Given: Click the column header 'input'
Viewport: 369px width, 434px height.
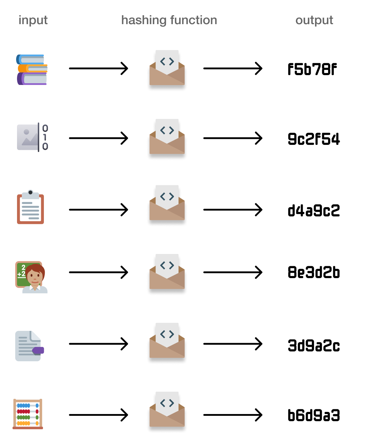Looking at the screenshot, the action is (33, 20).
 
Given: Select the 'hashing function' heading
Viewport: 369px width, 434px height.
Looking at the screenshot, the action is (169, 20).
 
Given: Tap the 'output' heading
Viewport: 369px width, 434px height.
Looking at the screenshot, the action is (314, 20).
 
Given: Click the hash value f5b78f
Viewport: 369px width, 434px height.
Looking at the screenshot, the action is (312, 69).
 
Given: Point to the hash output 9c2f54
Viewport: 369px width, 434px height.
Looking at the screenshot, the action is (314, 139).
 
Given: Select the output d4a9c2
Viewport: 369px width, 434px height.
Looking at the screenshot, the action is (314, 210).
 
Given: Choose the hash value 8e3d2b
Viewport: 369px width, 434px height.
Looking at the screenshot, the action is (314, 272).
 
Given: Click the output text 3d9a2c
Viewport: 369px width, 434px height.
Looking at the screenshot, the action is (314, 345).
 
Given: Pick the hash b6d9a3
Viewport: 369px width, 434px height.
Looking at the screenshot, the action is (314, 415).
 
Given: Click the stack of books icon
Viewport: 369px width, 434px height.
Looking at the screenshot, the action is (32, 70).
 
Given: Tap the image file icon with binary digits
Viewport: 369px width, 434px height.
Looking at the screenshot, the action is (32, 137).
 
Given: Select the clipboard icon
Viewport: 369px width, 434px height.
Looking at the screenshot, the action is (30, 207).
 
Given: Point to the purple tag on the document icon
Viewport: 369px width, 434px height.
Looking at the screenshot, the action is (38, 350).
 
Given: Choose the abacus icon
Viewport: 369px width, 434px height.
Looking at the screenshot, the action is (28, 414).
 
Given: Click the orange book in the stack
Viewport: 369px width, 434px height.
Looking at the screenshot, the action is (33, 69).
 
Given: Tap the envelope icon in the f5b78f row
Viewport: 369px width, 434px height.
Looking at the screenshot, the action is (167, 68).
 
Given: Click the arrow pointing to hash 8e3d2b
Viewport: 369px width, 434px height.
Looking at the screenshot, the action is (233, 272).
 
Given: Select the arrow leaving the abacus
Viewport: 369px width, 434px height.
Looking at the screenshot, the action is (99, 415).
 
